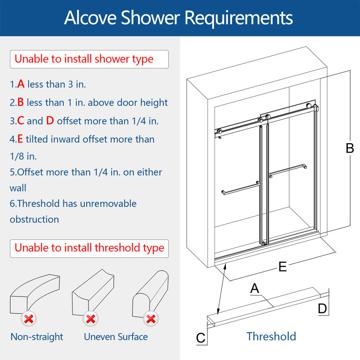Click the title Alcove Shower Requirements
pos(178,18)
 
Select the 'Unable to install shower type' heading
pos(84,59)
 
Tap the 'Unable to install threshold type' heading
pos(89,248)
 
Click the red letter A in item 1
pos(21,84)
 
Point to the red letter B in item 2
pos(21,102)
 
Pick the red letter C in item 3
pos(21,121)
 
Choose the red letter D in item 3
pos(50,121)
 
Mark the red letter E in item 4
pos(20,139)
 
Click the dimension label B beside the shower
pos(350,148)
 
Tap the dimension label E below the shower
pos(283,267)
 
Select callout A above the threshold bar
pos(255,288)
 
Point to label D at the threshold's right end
pos(322,309)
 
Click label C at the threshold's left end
pos(201,338)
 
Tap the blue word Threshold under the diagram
pos(271,337)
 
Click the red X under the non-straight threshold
pos(29,319)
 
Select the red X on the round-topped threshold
pos(151,319)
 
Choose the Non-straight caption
pos(37,337)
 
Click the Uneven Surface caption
pos(116,337)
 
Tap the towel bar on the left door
pos(241,188)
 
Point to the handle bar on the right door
pos(288,171)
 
